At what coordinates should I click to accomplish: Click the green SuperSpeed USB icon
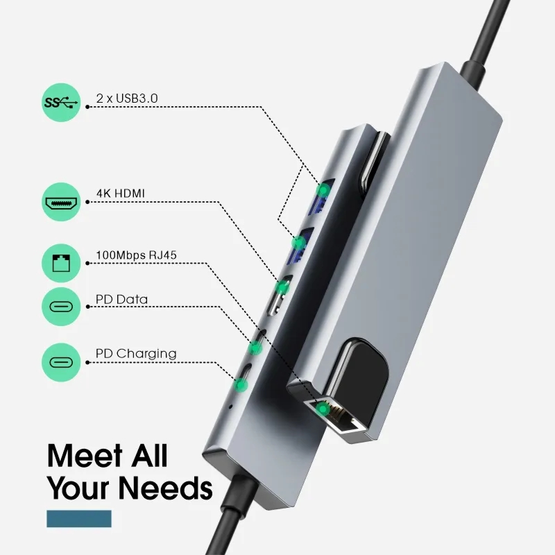click(x=61, y=103)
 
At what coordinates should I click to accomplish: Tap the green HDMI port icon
click(x=61, y=202)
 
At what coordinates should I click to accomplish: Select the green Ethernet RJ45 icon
click(x=61, y=263)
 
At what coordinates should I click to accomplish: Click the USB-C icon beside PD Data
click(x=61, y=307)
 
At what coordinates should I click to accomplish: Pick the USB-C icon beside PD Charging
click(x=61, y=362)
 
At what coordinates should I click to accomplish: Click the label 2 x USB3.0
click(x=127, y=98)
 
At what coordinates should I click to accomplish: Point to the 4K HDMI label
click(x=121, y=194)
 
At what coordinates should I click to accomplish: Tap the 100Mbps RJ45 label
click(x=136, y=255)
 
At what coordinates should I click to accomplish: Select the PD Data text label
click(x=122, y=300)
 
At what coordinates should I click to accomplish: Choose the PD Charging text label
click(x=136, y=354)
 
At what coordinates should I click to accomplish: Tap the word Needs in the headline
click(x=165, y=488)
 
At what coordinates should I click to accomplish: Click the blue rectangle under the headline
click(x=79, y=518)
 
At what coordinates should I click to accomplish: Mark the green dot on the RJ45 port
click(x=323, y=409)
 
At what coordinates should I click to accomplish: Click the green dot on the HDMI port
click(x=282, y=287)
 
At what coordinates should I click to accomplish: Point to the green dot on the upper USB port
click(x=323, y=190)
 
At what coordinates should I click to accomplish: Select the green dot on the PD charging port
click(x=241, y=384)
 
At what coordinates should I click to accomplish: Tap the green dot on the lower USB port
click(x=299, y=242)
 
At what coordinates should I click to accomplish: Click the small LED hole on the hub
click(x=231, y=406)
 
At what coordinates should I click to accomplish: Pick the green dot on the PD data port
click(x=255, y=346)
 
